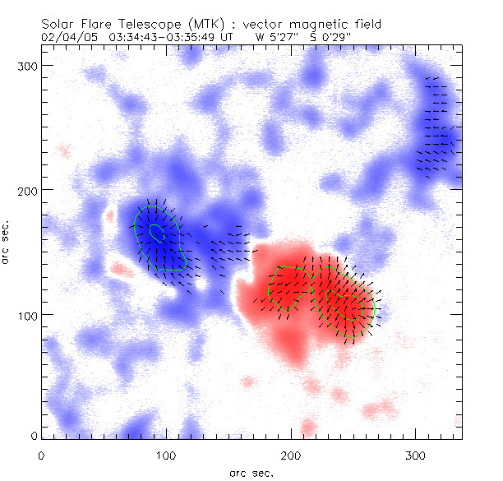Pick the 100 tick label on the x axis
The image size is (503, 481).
pyautogui.click(x=166, y=454)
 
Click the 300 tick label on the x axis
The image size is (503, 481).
pyautogui.click(x=416, y=454)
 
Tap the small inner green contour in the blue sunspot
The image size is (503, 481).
pyautogui.click(x=156, y=233)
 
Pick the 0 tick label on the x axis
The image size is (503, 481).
pyautogui.click(x=41, y=454)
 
